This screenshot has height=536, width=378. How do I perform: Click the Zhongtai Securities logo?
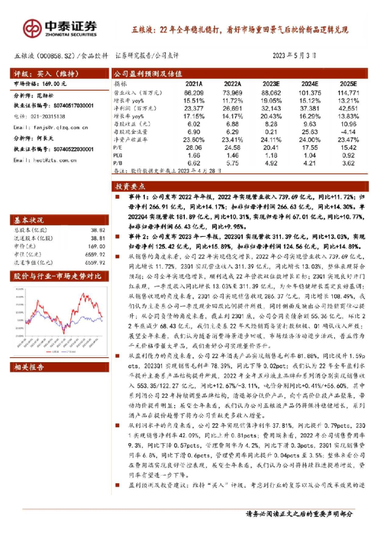click(60, 27)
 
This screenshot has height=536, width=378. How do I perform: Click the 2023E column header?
click(269, 84)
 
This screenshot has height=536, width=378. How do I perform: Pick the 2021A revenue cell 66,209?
click(193, 93)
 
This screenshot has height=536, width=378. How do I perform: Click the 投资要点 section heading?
click(130, 187)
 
